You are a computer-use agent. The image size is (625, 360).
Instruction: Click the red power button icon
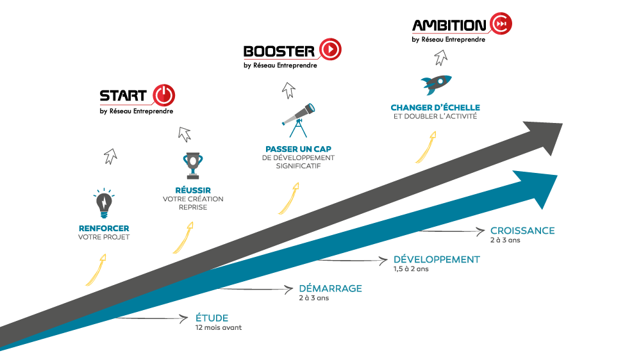tap(163, 95)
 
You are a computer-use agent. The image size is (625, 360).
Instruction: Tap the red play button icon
tap(330, 49)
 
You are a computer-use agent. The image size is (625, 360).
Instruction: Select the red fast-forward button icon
tap(501, 24)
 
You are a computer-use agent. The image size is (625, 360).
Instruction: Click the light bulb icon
tap(103, 203)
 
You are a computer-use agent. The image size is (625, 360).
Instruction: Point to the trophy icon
tap(192, 165)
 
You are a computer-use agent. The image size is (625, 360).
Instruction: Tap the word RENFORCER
tap(103, 228)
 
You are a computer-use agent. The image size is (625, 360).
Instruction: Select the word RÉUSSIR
tap(192, 190)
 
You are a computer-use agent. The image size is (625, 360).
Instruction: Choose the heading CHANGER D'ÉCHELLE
tap(435, 108)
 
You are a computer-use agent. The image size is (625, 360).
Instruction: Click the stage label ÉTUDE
tap(212, 318)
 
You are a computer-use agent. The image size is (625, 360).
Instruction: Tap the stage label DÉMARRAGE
tap(330, 289)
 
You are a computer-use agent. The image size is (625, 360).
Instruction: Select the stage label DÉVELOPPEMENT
tap(436, 259)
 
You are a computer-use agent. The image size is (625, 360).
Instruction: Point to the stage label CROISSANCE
tap(522, 231)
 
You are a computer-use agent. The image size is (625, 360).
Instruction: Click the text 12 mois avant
tap(218, 328)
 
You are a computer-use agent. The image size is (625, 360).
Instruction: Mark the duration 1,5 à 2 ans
tap(411, 269)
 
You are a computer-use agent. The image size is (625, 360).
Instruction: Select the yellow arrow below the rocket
tap(425, 147)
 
